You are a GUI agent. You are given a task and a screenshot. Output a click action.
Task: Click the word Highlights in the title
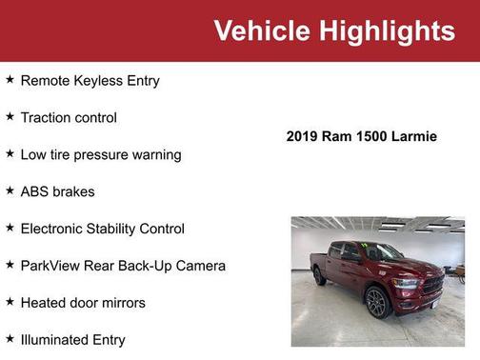tap(381, 30)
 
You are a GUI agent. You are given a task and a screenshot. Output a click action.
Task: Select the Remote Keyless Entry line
tap(90, 81)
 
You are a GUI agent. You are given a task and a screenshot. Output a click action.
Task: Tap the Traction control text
tap(69, 118)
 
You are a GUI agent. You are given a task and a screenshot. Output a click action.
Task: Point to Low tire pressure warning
tap(100, 154)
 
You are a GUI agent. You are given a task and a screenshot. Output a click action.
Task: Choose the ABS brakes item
tap(57, 191)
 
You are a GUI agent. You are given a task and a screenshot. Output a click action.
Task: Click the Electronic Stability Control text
tap(102, 229)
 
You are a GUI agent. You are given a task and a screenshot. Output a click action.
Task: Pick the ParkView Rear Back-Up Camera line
tap(123, 266)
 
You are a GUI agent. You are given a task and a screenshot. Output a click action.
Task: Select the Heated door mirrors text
tap(83, 303)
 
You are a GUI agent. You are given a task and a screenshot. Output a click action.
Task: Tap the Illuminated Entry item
tap(72, 339)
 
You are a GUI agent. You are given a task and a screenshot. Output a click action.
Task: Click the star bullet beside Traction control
tap(10, 116)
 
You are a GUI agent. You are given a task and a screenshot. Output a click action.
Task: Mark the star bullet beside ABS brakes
tap(10, 190)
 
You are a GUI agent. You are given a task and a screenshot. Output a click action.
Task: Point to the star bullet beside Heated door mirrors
tap(10, 302)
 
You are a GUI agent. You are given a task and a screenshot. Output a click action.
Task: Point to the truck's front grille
tap(431, 285)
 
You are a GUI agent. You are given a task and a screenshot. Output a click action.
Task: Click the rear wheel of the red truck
tap(320, 276)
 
